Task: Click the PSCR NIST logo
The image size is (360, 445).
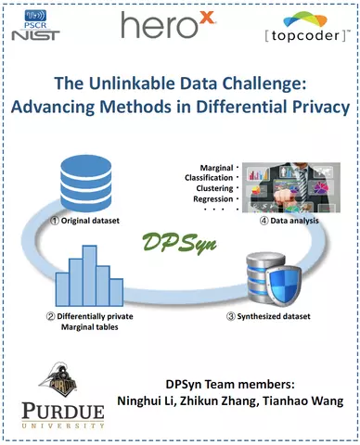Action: click(35, 25)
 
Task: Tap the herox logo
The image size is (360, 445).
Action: click(168, 25)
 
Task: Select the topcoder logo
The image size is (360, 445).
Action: click(307, 27)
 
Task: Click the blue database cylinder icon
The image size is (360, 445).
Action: click(86, 184)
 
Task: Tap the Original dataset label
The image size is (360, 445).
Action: click(85, 221)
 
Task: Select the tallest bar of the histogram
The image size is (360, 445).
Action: click(89, 275)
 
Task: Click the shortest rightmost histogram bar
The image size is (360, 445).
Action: click(117, 292)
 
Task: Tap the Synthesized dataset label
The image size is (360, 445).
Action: click(268, 316)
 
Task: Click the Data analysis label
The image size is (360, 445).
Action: click(289, 221)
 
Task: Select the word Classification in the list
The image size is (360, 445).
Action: click(209, 178)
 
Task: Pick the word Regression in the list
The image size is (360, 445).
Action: click(213, 199)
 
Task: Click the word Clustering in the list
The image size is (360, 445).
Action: click(214, 188)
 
